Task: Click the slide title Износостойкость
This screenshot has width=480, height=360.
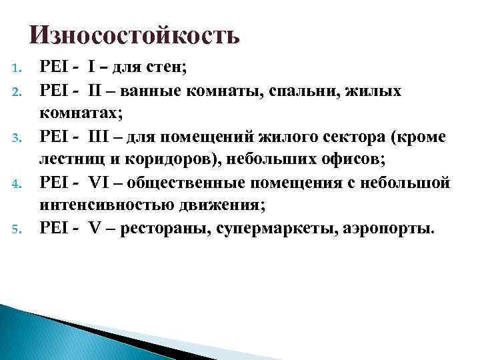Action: point(134,34)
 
